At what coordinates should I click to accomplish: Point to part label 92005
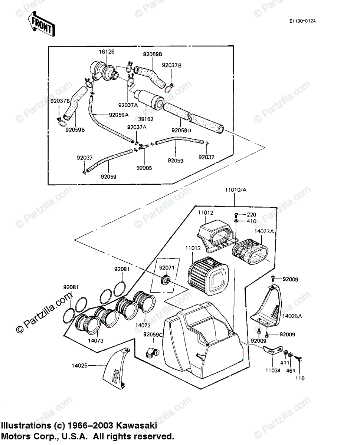pos(144,168)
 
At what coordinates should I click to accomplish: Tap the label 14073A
pos(264,231)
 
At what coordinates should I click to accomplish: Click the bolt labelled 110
pos(299,359)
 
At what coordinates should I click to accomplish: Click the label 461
pos(290,370)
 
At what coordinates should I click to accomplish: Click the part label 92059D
pos(181,130)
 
